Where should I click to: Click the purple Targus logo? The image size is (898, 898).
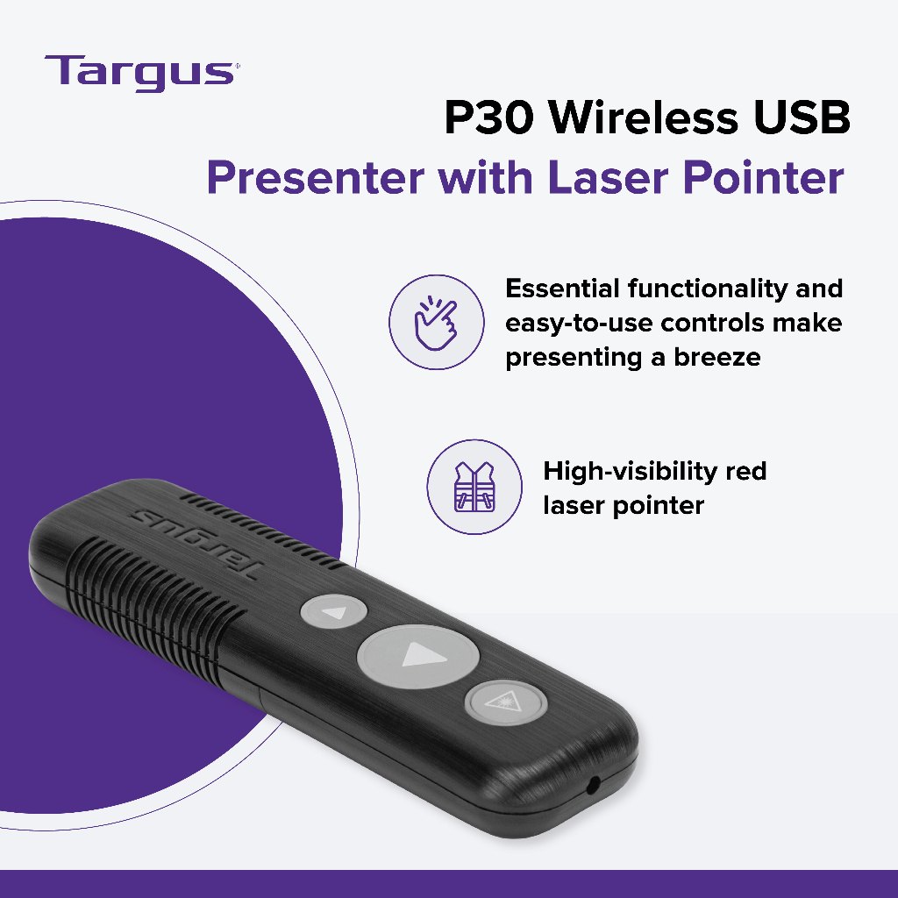[141, 73]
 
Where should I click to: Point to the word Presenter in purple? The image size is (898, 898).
[316, 177]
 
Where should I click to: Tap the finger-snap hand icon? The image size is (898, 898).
[437, 322]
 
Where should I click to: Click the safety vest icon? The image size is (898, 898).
[474, 487]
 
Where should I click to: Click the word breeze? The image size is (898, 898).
[717, 357]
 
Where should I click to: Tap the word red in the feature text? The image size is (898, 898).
[745, 472]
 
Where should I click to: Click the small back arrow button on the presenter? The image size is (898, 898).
[333, 611]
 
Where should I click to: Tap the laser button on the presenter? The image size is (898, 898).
[505, 702]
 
